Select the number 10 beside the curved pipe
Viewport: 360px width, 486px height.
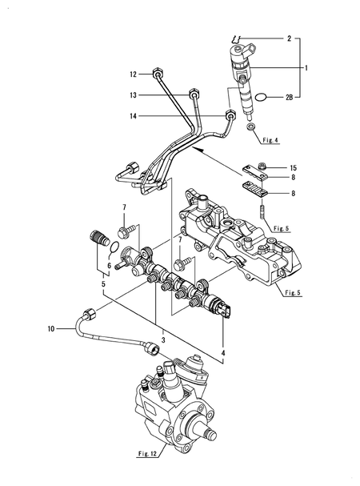pyautogui.click(x=50, y=328)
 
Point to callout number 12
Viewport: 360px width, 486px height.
pyautogui.click(x=134, y=74)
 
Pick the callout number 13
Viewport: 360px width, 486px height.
pyautogui.click(x=134, y=94)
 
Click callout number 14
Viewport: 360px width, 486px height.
pyautogui.click(x=134, y=116)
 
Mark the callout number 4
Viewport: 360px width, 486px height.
pyautogui.click(x=223, y=351)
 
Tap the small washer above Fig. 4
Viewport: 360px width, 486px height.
pyautogui.click(x=252, y=128)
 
